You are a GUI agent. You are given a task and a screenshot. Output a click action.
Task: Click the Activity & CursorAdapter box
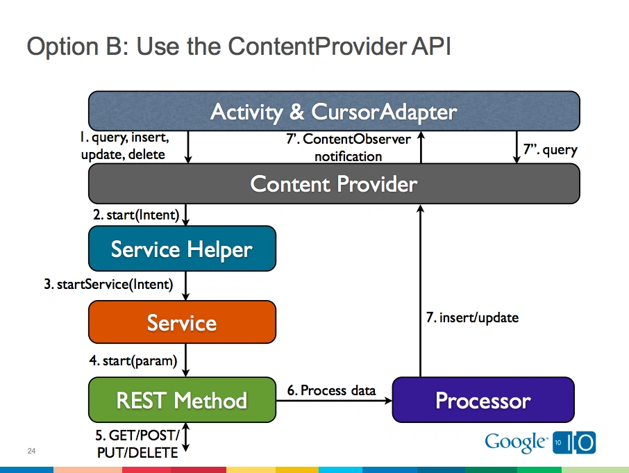[x=333, y=111]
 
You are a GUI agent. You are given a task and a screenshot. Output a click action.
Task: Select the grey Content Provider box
[x=333, y=184]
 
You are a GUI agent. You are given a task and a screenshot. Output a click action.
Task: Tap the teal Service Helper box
[x=182, y=249]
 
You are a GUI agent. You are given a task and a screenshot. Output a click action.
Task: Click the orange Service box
[x=182, y=322]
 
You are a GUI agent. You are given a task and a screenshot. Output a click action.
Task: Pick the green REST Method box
[x=182, y=400]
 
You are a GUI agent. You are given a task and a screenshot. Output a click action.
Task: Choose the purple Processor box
[x=483, y=400]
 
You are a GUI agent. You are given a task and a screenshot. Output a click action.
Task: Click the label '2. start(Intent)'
[x=135, y=215]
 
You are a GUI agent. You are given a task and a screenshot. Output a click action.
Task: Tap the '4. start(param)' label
[x=133, y=360]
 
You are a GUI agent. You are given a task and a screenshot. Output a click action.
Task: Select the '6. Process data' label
[x=331, y=390]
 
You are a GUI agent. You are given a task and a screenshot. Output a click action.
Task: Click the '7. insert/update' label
[x=472, y=317]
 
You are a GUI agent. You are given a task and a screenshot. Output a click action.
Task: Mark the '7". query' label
[x=550, y=149]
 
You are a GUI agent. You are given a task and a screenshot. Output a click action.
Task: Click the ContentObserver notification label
[x=349, y=147]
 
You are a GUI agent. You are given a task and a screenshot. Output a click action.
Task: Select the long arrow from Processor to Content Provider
[x=419, y=292]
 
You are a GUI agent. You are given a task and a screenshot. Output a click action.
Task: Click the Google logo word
[x=514, y=442]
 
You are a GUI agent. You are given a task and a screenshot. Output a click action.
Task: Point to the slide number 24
[x=31, y=452]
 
